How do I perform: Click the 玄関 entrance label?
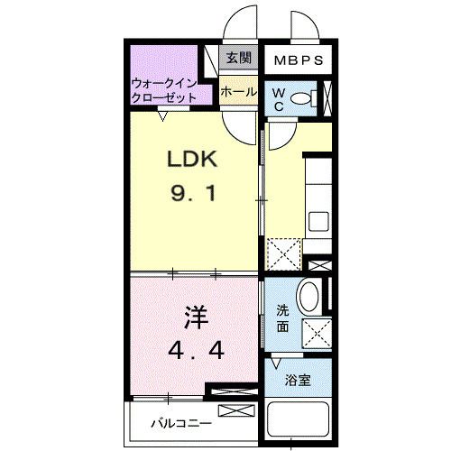[x=238, y=60]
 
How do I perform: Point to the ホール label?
[x=237, y=92]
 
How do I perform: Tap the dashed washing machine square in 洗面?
[x=316, y=333]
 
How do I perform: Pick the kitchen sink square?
[x=319, y=221]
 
